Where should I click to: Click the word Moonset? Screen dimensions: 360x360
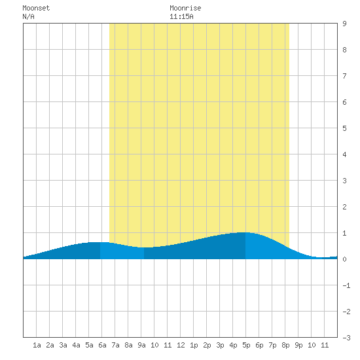(x=36, y=8)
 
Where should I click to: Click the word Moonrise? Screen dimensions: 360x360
(x=185, y=8)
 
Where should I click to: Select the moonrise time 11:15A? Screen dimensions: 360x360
(x=181, y=16)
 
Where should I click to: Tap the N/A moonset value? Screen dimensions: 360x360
(x=28, y=16)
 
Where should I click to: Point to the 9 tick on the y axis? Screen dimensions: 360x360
(x=344, y=24)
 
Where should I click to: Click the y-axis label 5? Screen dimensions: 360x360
(x=344, y=128)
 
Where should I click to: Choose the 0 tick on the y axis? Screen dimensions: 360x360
(x=344, y=259)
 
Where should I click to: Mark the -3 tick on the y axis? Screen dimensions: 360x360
(x=346, y=338)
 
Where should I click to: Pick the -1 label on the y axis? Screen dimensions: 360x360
(x=346, y=285)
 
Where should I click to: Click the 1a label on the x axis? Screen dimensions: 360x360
(x=37, y=345)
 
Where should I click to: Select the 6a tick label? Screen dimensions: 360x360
(x=102, y=345)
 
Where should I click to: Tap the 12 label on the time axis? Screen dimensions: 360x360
(x=181, y=345)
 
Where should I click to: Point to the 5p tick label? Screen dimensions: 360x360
(x=246, y=345)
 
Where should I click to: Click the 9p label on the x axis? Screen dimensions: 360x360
(x=298, y=345)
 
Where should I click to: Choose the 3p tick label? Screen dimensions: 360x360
(x=220, y=345)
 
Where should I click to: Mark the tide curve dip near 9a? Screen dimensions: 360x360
(x=144, y=247)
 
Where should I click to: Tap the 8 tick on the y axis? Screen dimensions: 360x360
(x=344, y=50)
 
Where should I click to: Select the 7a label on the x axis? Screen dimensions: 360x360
(x=115, y=345)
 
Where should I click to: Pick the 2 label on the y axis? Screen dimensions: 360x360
(x=344, y=207)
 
